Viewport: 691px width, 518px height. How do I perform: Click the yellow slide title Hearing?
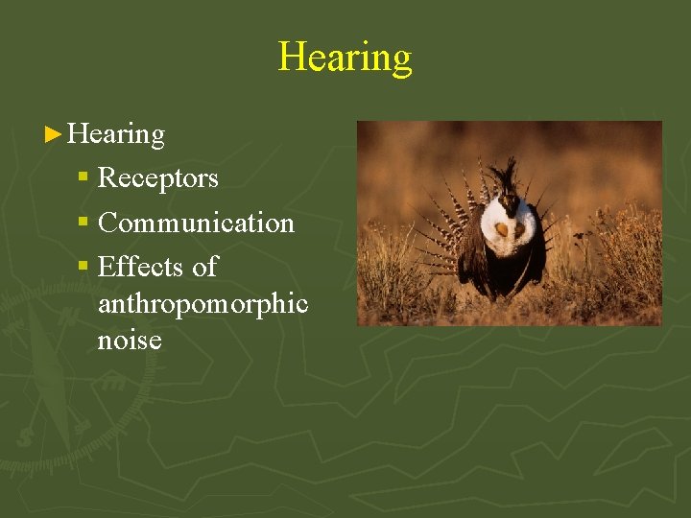345,57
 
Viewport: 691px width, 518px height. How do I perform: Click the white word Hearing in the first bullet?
116,134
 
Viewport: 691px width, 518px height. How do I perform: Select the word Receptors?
158,178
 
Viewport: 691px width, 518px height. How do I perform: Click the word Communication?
196,223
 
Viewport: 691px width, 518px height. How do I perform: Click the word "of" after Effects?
204,267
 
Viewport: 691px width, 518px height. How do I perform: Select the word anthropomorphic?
203,305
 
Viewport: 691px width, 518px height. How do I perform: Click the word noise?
130,340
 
